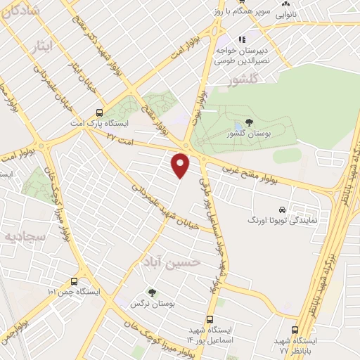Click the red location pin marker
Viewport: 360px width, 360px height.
[x=181, y=165]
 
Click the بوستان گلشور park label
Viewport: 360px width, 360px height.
[x=250, y=133]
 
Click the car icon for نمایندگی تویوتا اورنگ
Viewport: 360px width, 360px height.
[x=281, y=210]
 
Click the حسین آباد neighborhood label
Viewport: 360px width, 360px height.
[x=175, y=262]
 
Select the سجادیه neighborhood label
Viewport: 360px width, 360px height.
[x=20, y=236]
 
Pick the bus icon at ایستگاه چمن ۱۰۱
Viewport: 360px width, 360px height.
[x=75, y=280]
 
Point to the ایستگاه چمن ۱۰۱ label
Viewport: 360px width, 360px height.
[x=75, y=291]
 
